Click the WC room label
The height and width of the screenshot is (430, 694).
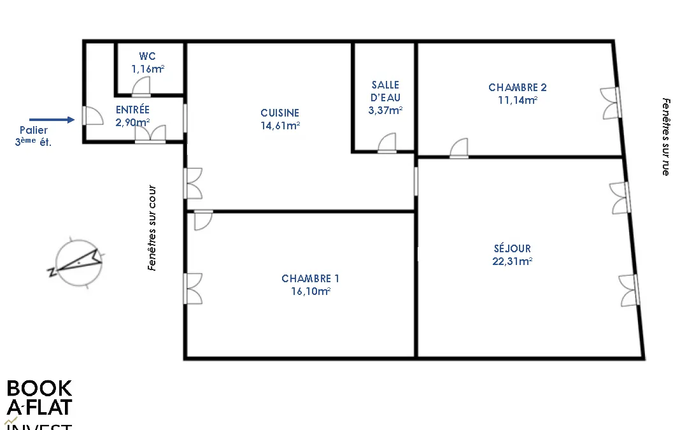click(x=147, y=56)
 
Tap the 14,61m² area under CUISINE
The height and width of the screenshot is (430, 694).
click(x=280, y=125)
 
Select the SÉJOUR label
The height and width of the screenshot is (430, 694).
click(x=512, y=248)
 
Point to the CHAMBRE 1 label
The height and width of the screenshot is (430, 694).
click(x=310, y=278)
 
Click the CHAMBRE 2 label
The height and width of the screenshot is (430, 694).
click(x=518, y=87)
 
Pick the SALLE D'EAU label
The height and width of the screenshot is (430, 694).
click(x=385, y=91)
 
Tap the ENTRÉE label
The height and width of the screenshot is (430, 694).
click(x=132, y=110)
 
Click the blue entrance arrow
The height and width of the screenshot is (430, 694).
click(x=52, y=120)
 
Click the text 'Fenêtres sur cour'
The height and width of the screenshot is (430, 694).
click(x=152, y=227)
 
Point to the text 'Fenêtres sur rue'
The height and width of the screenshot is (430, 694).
click(x=666, y=137)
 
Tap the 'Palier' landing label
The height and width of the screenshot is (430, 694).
click(x=34, y=130)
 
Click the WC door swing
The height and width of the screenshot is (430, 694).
click(x=141, y=87)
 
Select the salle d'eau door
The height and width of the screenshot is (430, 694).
click(x=387, y=143)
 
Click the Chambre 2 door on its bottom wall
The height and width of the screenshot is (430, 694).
click(x=459, y=148)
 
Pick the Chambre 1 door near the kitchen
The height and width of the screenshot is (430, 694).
click(x=204, y=220)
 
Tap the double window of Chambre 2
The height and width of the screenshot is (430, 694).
click(x=611, y=103)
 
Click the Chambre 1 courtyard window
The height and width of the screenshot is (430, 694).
click(x=193, y=289)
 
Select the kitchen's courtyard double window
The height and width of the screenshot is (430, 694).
click(x=193, y=183)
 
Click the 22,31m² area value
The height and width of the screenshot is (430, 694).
click(x=512, y=261)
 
